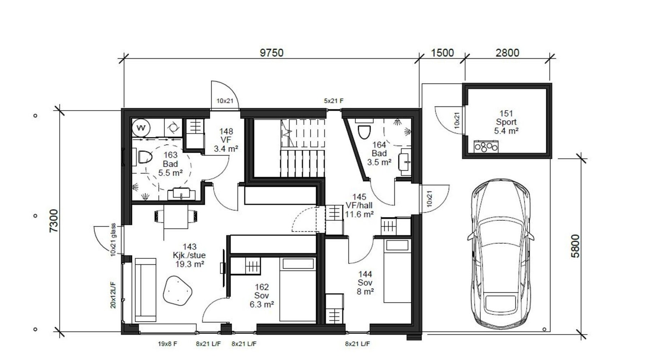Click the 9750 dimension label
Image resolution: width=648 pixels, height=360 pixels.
pyautogui.click(x=271, y=53)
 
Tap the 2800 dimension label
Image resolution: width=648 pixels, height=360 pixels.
pyautogui.click(x=507, y=53)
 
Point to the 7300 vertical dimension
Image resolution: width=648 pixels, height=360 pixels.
pyautogui.click(x=54, y=221)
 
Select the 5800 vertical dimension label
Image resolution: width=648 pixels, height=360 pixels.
pyautogui.click(x=576, y=246)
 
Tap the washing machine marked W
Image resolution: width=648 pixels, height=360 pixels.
pyautogui.click(x=141, y=128)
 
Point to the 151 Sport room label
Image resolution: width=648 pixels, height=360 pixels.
pyautogui.click(x=506, y=122)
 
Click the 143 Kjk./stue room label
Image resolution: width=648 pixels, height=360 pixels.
pyautogui.click(x=190, y=256)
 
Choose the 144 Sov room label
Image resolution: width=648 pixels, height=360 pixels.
pyautogui.click(x=365, y=283)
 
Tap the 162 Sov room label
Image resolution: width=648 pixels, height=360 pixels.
pyautogui.click(x=262, y=296)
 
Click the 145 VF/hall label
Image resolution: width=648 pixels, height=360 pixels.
pyautogui.click(x=359, y=206)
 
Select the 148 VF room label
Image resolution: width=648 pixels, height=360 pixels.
pyautogui.click(x=226, y=140)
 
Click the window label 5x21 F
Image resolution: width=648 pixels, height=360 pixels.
pyautogui.click(x=334, y=101)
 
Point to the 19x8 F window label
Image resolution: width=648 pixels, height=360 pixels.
pyautogui.click(x=167, y=344)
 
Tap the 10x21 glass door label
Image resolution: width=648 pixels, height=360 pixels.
pyautogui.click(x=113, y=239)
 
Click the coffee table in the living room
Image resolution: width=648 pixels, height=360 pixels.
pyautogui.click(x=177, y=291)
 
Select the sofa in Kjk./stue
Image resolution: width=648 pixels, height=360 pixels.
pyautogui.click(x=145, y=290)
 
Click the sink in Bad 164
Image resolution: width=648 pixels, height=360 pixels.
pyautogui.click(x=405, y=162)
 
